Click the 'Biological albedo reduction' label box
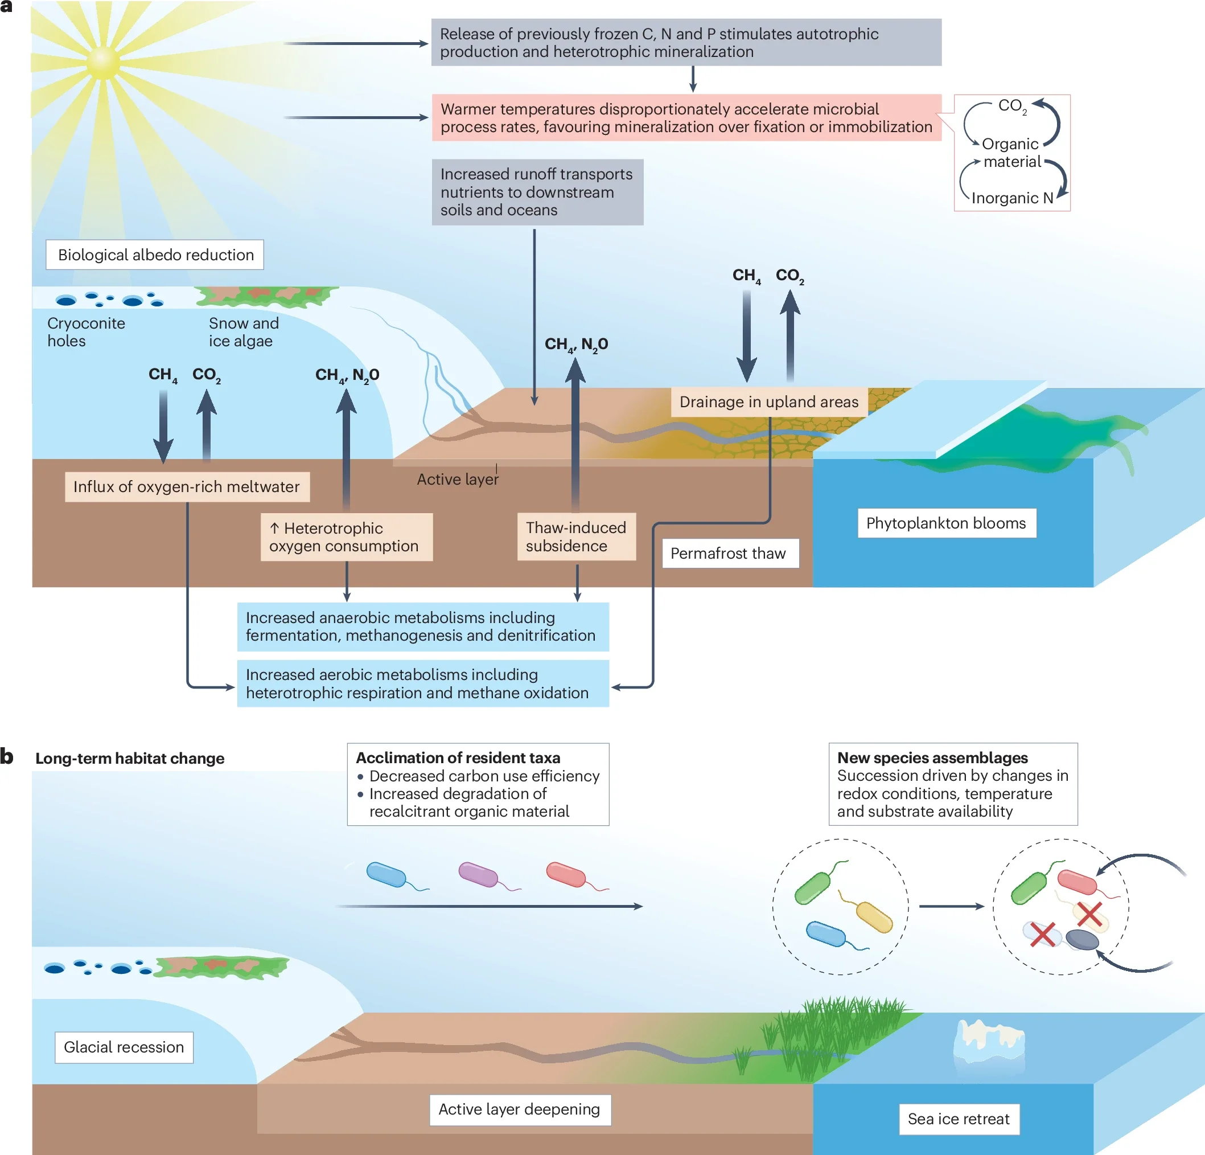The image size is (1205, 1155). [155, 255]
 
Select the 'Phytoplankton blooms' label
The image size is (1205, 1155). [946, 523]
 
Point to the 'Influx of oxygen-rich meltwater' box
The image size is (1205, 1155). [187, 486]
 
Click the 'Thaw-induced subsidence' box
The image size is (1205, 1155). [576, 536]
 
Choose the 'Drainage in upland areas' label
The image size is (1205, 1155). [768, 402]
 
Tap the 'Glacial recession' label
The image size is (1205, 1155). [124, 1047]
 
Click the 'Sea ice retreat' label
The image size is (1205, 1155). [959, 1119]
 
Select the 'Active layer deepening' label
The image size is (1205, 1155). [520, 1109]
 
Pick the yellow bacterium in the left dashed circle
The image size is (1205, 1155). [874, 916]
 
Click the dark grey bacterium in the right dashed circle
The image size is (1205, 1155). [1081, 939]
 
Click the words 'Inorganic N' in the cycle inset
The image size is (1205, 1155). [1012, 198]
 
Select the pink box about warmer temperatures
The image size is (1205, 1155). [686, 117]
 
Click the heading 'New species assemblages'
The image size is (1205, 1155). [932, 757]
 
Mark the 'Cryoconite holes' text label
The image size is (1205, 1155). [86, 332]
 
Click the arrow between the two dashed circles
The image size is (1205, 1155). [951, 906]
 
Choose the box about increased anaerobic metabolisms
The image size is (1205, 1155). [423, 626]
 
